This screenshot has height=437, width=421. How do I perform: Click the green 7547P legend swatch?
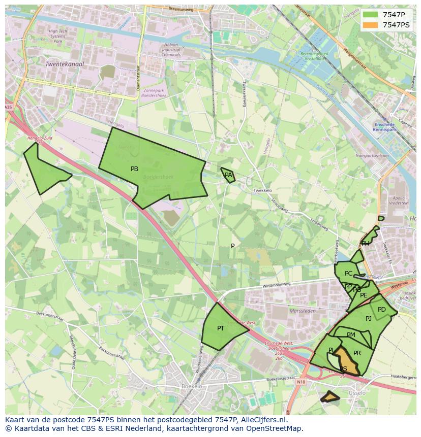tap(371, 15)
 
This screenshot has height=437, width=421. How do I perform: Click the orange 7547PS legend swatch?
tap(371, 25)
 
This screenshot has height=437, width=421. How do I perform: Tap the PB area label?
tap(134, 169)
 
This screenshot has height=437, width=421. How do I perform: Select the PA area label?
tap(228, 175)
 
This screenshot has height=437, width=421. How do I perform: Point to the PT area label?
tap(221, 328)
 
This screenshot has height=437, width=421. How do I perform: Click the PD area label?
tap(382, 310)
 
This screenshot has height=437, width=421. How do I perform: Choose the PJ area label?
tap(369, 319)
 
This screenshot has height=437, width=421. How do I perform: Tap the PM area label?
tap(351, 335)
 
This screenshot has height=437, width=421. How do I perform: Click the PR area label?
tap(357, 353)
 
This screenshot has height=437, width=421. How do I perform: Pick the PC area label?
tap(348, 274)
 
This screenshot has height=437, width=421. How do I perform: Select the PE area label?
tap(364, 295)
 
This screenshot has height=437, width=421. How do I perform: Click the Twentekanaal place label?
tap(65, 64)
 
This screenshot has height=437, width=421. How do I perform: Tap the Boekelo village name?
tap(192, 386)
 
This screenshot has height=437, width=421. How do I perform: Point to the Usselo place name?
tap(357, 393)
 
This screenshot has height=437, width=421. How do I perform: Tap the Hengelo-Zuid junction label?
tap(39, 138)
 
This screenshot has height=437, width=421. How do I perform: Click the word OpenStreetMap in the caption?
tap(278, 428)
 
